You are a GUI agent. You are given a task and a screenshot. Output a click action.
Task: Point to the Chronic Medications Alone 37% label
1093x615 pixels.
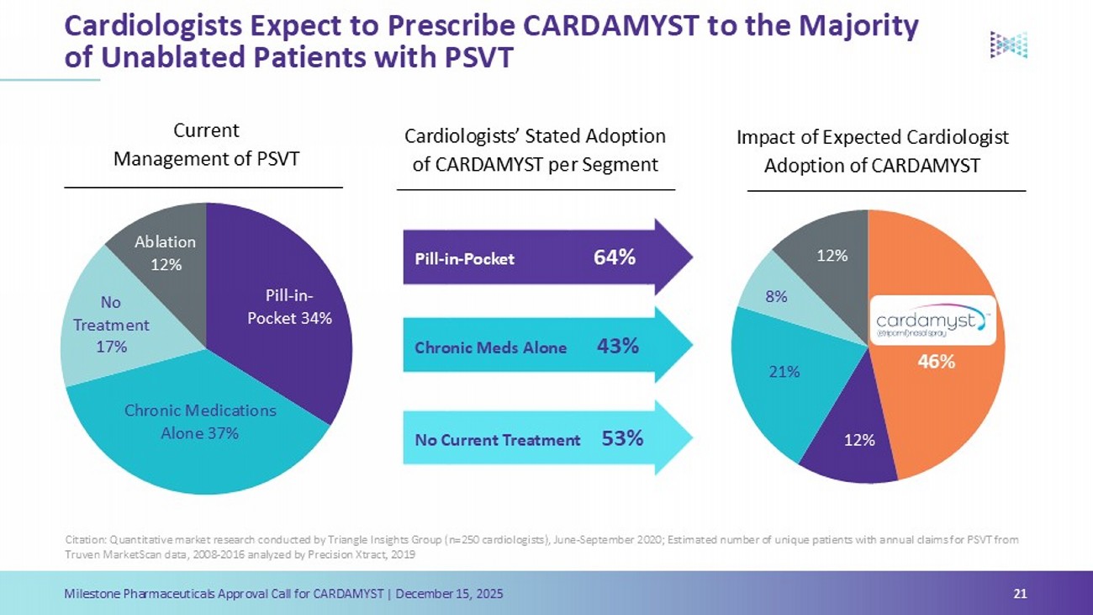(x=200, y=421)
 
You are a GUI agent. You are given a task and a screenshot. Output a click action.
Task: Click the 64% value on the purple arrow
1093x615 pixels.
(x=615, y=257)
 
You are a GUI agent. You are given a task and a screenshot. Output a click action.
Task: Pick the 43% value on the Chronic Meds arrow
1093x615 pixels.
(x=618, y=346)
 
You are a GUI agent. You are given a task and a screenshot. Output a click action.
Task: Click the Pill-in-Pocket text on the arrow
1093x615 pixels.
(x=464, y=259)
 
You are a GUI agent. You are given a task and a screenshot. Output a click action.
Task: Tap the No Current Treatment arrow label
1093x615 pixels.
(x=498, y=439)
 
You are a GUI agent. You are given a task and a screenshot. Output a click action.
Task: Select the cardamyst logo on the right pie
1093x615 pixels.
(x=931, y=321)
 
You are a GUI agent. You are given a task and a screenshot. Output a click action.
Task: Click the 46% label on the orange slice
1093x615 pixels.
(x=936, y=362)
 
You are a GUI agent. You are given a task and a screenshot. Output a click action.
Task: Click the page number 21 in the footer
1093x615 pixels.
(x=1021, y=595)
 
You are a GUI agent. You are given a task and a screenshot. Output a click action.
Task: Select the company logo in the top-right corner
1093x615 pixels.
(x=1009, y=45)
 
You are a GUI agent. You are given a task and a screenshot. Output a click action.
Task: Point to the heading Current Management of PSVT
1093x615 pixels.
(x=206, y=144)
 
